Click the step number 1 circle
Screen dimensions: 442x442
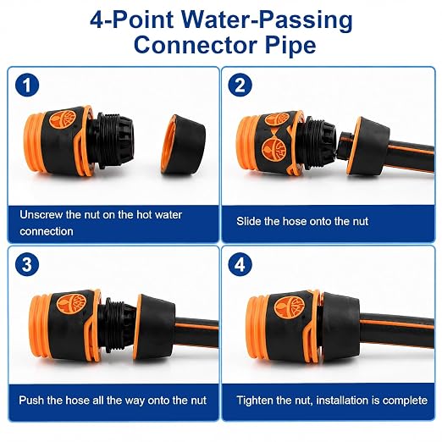(x=27, y=86)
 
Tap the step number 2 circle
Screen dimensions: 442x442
(x=240, y=86)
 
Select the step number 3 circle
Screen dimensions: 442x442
(x=27, y=265)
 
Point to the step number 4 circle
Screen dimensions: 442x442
(x=240, y=265)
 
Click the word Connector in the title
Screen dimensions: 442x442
(x=196, y=45)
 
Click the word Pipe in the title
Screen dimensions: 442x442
(x=290, y=46)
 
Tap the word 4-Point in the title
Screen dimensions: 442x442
(x=131, y=19)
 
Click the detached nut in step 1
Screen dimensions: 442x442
(x=183, y=145)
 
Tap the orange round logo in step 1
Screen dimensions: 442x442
(x=63, y=119)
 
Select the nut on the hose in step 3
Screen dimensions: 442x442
(x=154, y=327)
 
